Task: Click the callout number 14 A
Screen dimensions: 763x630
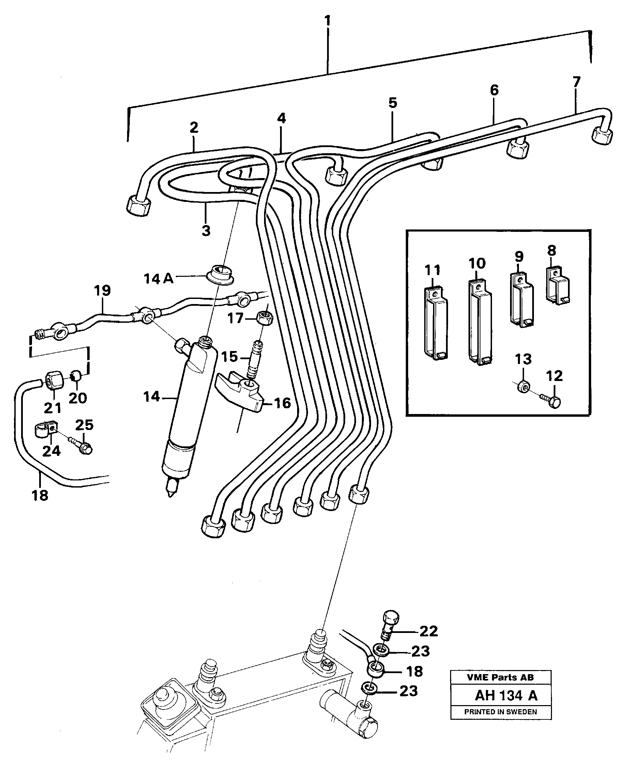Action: pyautogui.click(x=158, y=279)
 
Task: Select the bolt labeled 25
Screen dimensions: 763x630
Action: pyautogui.click(x=83, y=447)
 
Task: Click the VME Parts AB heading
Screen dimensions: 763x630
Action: pyautogui.click(x=501, y=678)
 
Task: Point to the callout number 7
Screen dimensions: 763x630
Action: pyautogui.click(x=576, y=82)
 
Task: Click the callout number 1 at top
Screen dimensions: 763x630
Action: pyautogui.click(x=328, y=21)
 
